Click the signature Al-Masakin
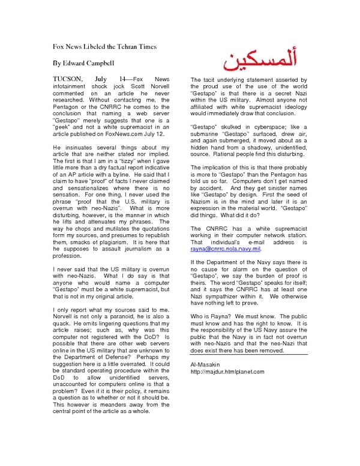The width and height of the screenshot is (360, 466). pyautogui.click(x=205, y=365)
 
